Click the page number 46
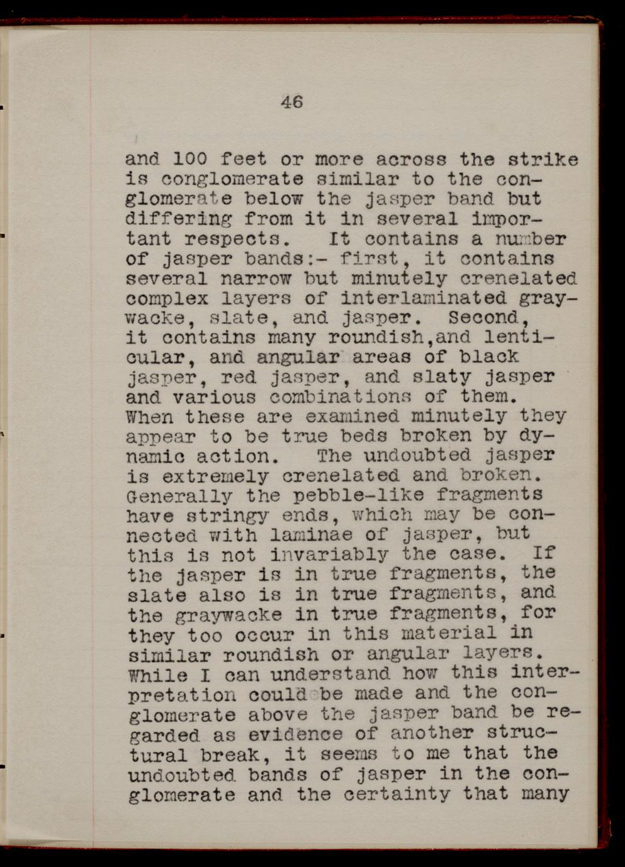click(x=292, y=101)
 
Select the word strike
click(x=543, y=159)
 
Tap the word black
click(x=489, y=357)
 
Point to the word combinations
click(x=340, y=397)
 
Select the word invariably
click(x=329, y=555)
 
